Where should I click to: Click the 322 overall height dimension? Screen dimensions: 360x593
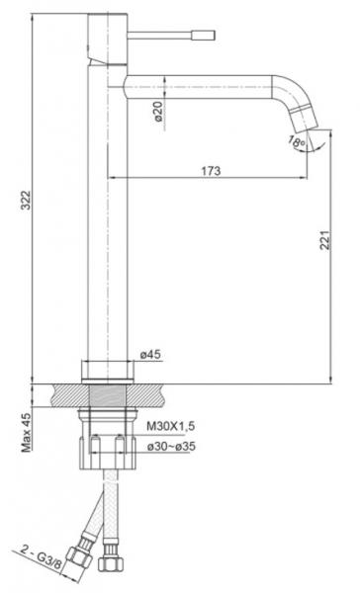coord(26,200)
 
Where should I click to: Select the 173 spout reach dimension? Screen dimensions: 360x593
coord(211,171)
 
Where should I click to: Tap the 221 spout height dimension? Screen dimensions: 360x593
coord(325,239)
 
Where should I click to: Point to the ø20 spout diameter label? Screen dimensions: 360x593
coord(158,111)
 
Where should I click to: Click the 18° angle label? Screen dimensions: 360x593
coord(297,142)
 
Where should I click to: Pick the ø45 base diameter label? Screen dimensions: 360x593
coord(150,355)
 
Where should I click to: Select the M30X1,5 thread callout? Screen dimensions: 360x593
coord(171,426)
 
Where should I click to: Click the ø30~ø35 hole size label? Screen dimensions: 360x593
coord(171,447)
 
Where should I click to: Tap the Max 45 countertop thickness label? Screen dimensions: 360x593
coord(27,432)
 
